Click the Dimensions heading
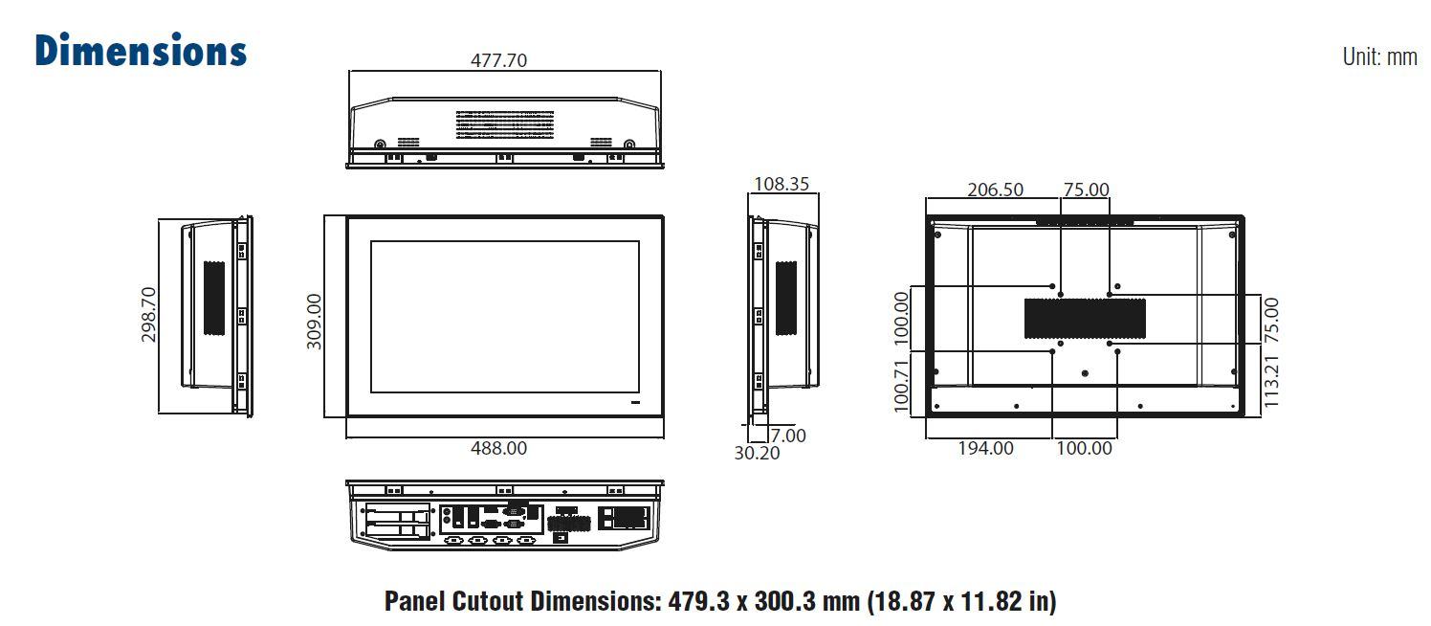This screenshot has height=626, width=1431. (x=141, y=51)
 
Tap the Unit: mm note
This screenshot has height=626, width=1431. (x=1379, y=56)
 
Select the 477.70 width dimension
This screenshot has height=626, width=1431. (x=498, y=60)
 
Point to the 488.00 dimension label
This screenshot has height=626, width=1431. (x=498, y=448)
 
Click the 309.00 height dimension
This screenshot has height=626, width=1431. (x=314, y=322)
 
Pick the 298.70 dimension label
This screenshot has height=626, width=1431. (x=148, y=315)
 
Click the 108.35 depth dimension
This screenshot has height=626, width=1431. (x=782, y=184)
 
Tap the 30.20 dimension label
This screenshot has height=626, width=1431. (x=757, y=454)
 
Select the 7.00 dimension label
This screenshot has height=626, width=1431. (x=788, y=436)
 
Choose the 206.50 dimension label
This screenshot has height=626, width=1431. (x=995, y=190)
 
